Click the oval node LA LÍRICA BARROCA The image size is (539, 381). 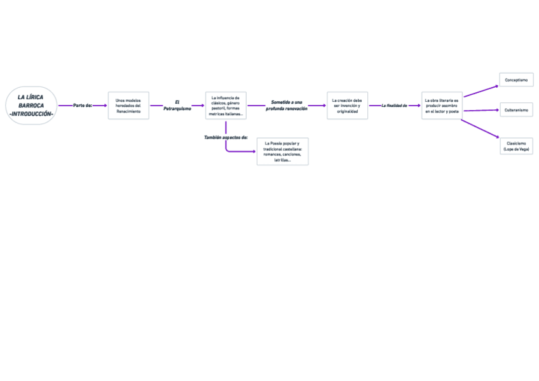31,105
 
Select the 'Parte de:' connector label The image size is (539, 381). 83,106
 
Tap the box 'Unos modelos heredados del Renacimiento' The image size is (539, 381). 128,106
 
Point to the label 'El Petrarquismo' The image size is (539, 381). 177,106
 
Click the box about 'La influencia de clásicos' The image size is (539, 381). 226,106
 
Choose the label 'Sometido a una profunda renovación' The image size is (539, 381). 286,106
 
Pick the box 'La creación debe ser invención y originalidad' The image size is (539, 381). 347,106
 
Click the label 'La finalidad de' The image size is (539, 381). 394,106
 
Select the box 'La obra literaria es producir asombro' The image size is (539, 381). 442,106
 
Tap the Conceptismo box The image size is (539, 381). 516,80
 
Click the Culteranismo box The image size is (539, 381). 516,110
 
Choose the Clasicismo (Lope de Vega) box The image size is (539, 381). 516,146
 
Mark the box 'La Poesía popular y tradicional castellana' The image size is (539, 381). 282,151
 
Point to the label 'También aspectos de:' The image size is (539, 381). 226,137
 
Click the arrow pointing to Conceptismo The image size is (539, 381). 481,88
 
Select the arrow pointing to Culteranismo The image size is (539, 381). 481,111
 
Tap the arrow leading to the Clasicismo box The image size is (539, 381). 481,128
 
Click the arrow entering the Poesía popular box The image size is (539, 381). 242,151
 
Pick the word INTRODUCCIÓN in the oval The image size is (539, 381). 32,113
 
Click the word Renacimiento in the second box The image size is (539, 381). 128,111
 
